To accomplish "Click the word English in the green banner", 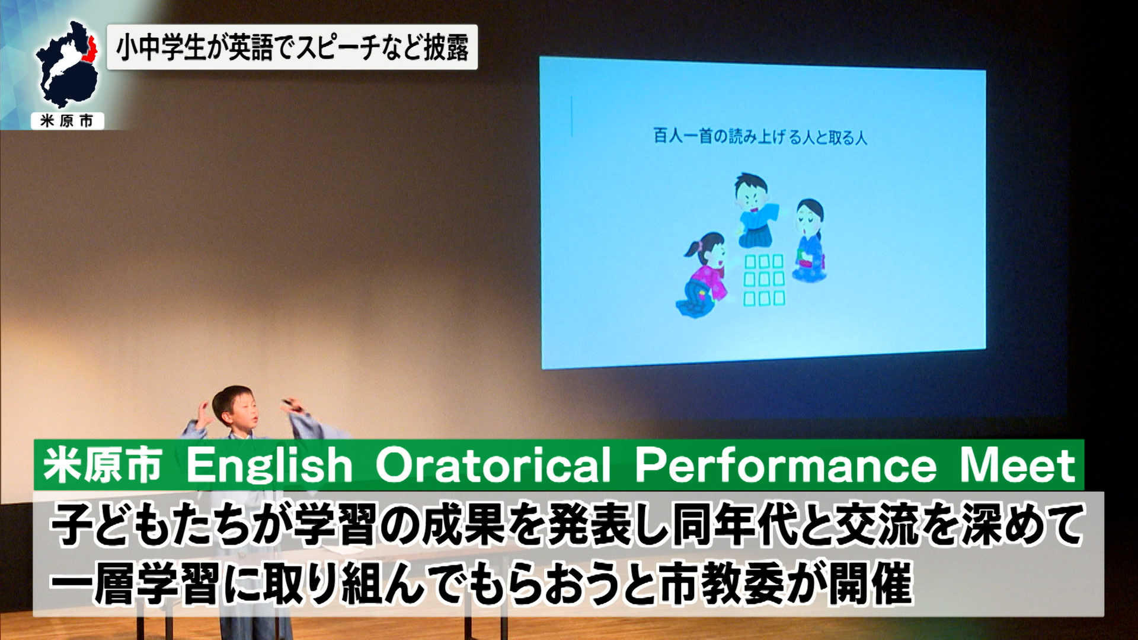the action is click(x=270, y=465).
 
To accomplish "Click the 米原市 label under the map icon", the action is click(x=67, y=121).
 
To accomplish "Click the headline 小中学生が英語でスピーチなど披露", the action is click(x=292, y=47).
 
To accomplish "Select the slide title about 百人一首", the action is click(x=760, y=136).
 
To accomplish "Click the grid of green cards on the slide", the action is click(x=764, y=280).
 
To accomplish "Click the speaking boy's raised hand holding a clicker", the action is click(x=292, y=407).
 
